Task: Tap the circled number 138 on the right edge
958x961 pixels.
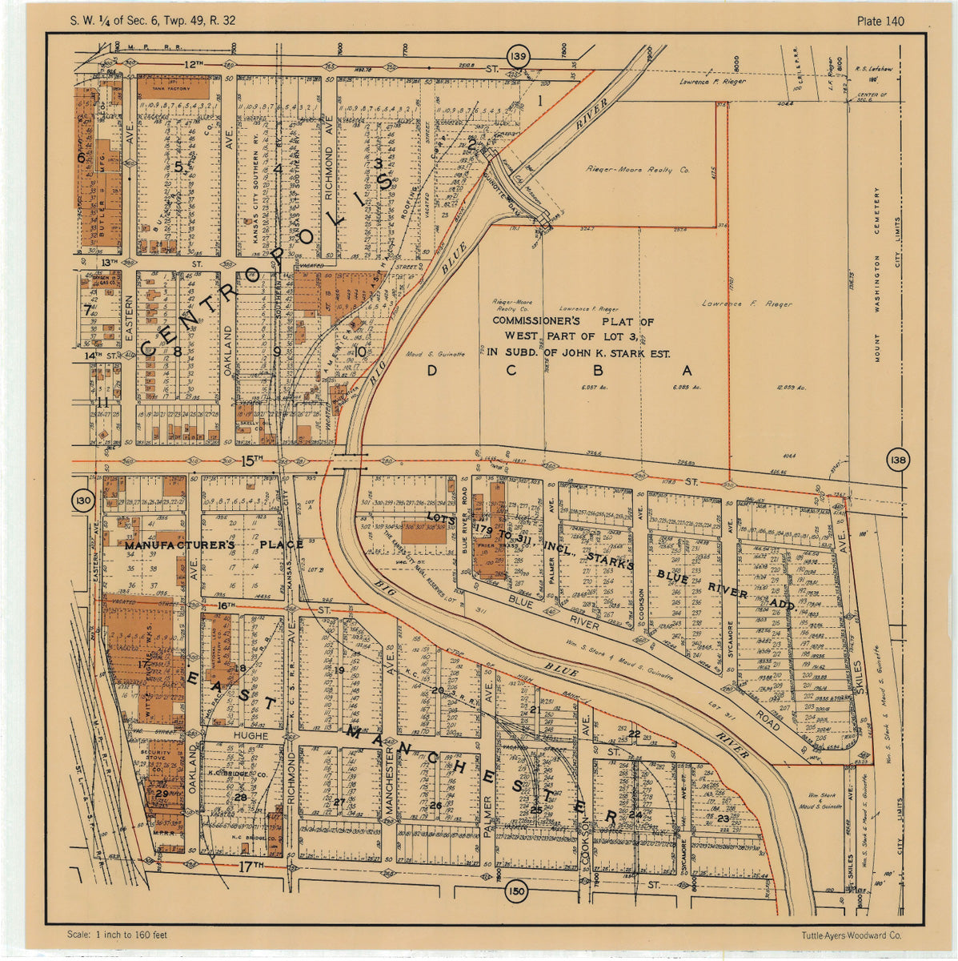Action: pyautogui.click(x=898, y=460)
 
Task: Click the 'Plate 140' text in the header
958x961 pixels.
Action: pyautogui.click(x=880, y=21)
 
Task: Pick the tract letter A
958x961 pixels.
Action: pyautogui.click(x=686, y=370)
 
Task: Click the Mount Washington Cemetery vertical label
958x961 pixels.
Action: pyautogui.click(x=877, y=276)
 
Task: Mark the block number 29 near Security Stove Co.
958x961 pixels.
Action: pyautogui.click(x=162, y=794)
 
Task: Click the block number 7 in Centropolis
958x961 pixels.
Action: pyautogui.click(x=87, y=310)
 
